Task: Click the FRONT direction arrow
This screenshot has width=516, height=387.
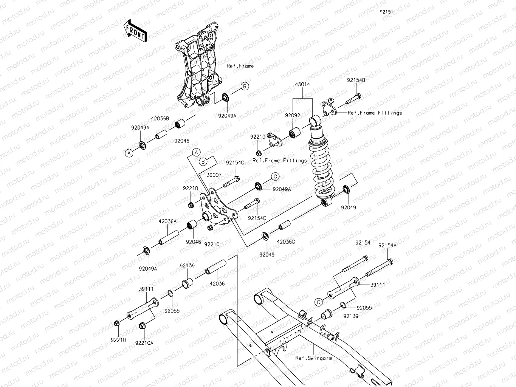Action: pyautogui.click(x=135, y=31)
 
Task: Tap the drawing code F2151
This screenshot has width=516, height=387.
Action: pyautogui.click(x=386, y=12)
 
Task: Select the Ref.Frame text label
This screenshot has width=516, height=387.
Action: pyautogui.click(x=240, y=66)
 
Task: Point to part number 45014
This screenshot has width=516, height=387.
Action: pyautogui.click(x=302, y=84)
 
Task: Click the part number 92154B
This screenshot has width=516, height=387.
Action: pyautogui.click(x=356, y=80)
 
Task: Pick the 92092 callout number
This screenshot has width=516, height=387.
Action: pyautogui.click(x=293, y=115)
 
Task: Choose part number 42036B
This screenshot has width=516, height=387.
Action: pyautogui.click(x=160, y=118)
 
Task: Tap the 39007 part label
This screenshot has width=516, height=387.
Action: pyautogui.click(x=214, y=175)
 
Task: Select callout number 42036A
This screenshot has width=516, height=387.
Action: pyautogui.click(x=167, y=221)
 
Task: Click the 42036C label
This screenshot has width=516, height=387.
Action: pyautogui.click(x=286, y=242)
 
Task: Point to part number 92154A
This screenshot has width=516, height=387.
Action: pyautogui.click(x=387, y=245)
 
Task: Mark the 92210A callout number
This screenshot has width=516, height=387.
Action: pyautogui.click(x=144, y=343)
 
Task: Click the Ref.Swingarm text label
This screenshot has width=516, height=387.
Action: pyautogui.click(x=314, y=358)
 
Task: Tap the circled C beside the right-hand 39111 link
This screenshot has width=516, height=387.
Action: pyautogui.click(x=319, y=302)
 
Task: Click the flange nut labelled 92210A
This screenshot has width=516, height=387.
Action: pyautogui.click(x=143, y=326)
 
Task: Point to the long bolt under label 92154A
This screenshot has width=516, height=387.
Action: pyautogui.click(x=378, y=268)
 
